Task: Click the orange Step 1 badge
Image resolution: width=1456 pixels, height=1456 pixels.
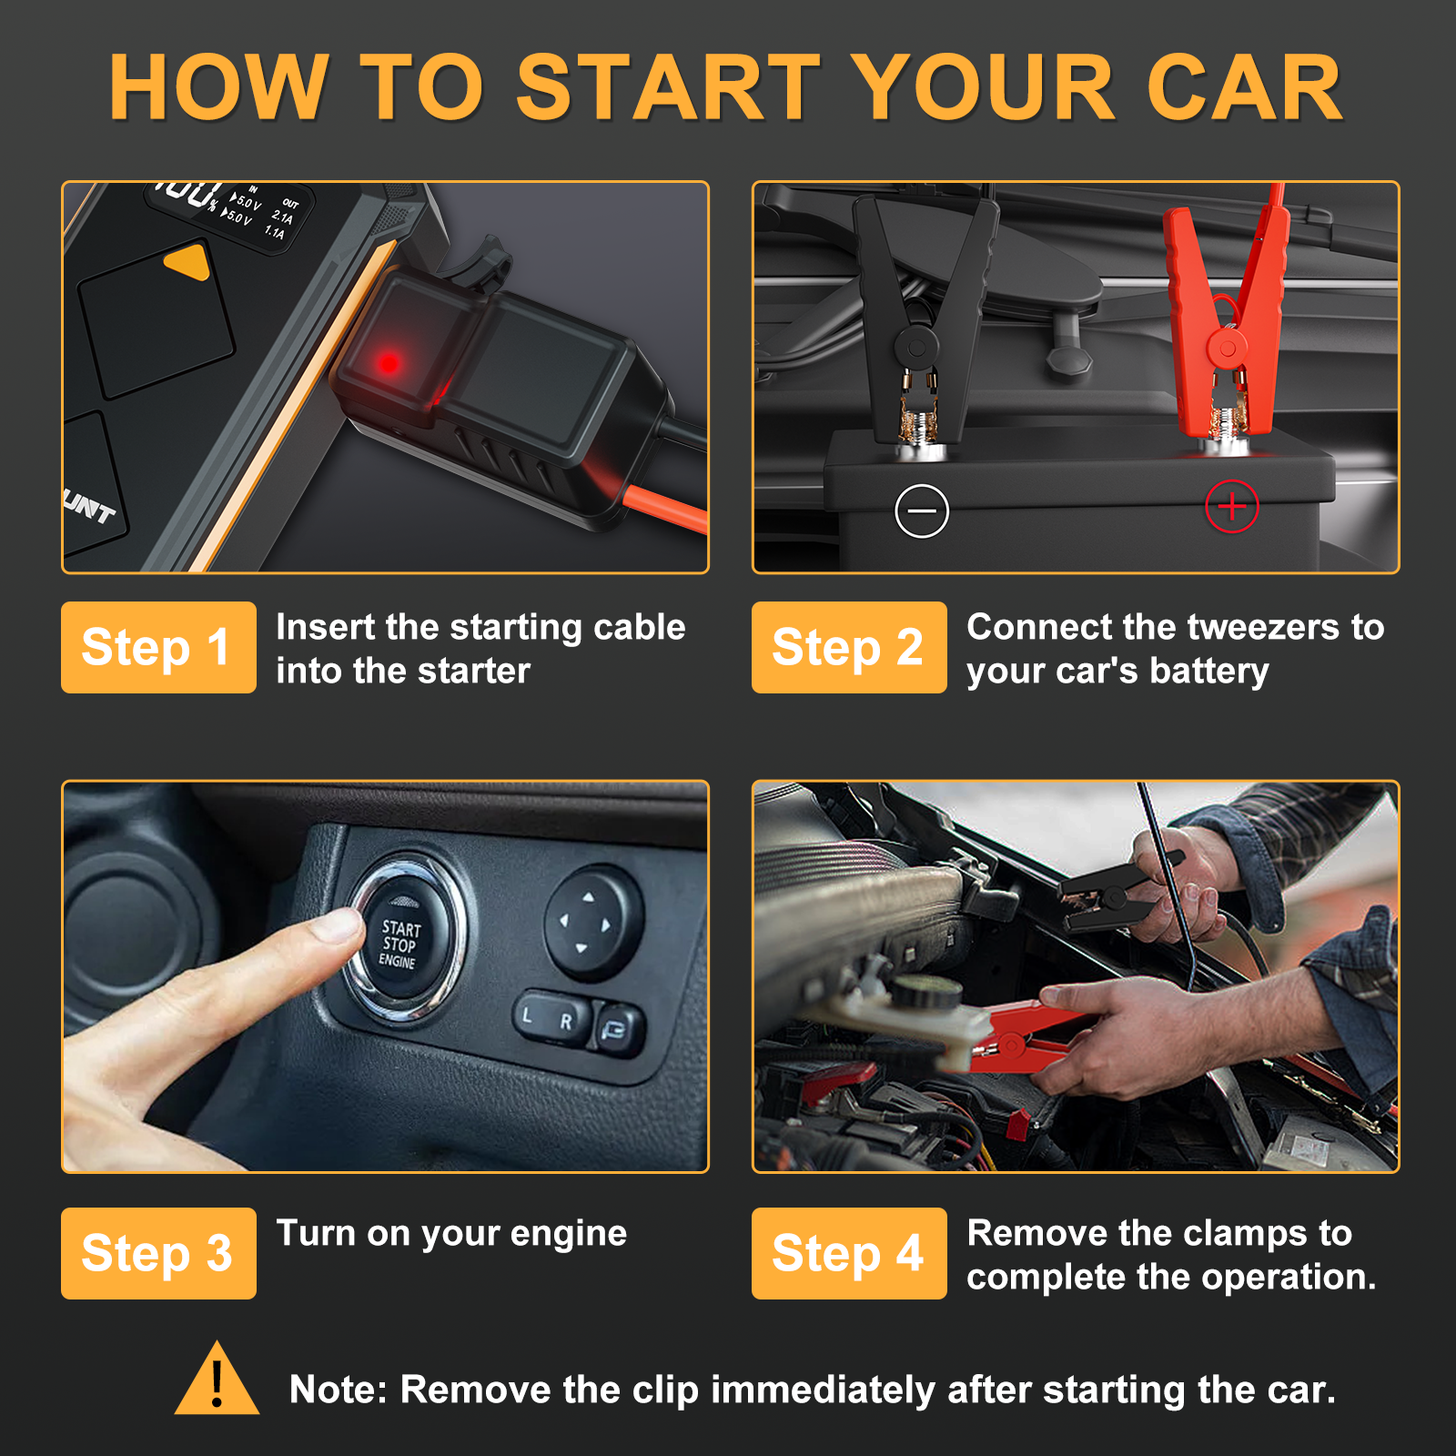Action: click(158, 647)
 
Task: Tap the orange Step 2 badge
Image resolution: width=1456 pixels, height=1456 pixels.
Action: click(849, 647)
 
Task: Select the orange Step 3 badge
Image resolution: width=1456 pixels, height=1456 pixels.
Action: click(158, 1253)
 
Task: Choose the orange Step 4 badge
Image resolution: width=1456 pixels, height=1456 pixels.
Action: click(849, 1253)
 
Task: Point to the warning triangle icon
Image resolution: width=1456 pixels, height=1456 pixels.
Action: click(217, 1379)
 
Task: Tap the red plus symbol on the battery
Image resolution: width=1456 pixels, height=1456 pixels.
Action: click(1232, 506)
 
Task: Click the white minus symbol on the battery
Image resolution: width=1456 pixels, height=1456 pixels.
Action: click(922, 511)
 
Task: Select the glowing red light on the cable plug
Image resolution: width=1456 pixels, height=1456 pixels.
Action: click(389, 363)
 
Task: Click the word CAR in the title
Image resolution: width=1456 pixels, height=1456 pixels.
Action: click(1244, 87)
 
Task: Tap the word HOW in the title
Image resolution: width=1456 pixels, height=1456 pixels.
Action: click(218, 87)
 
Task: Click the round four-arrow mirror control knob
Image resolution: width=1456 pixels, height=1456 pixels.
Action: click(592, 921)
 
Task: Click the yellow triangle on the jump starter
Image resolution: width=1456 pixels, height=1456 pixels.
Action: click(187, 261)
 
